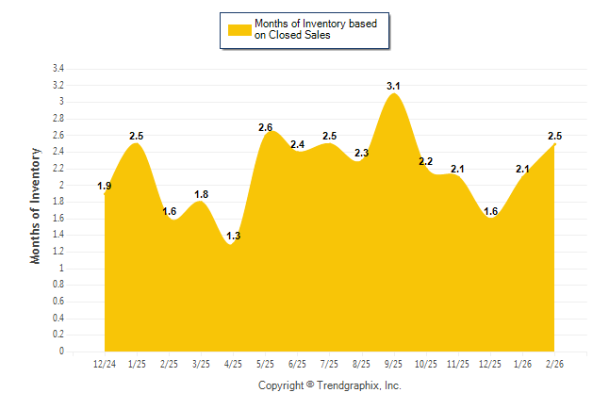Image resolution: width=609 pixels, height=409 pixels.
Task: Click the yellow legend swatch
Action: [x=239, y=30]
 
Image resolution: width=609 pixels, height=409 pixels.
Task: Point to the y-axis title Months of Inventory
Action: [x=36, y=205]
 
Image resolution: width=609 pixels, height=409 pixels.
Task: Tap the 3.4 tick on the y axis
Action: [x=58, y=69]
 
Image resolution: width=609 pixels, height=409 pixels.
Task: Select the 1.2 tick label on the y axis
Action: [x=58, y=252]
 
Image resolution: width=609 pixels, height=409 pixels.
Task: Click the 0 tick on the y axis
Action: [x=61, y=352]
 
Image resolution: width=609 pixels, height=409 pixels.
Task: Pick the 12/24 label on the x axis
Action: [x=105, y=363]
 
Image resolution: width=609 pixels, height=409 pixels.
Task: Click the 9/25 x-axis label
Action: [x=394, y=363]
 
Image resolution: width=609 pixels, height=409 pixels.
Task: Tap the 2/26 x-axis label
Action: [x=555, y=363]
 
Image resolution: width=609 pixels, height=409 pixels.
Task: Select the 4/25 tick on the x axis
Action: [x=233, y=363]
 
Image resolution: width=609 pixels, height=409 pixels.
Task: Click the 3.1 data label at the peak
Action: [x=394, y=87]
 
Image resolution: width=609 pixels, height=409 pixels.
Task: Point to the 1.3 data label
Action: [x=234, y=236]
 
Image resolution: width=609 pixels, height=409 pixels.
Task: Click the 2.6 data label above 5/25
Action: [x=266, y=128]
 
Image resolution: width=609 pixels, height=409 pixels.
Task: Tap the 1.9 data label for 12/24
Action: [x=105, y=187]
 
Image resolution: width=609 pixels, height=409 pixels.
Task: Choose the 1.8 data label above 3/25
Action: [x=202, y=194]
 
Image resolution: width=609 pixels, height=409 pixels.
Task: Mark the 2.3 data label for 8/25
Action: [x=362, y=153]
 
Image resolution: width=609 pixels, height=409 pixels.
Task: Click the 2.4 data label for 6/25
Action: [x=298, y=144]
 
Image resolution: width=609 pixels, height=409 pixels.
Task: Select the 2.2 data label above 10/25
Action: [x=426, y=161]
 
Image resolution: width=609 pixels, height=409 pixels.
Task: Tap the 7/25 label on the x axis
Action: [x=330, y=363]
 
